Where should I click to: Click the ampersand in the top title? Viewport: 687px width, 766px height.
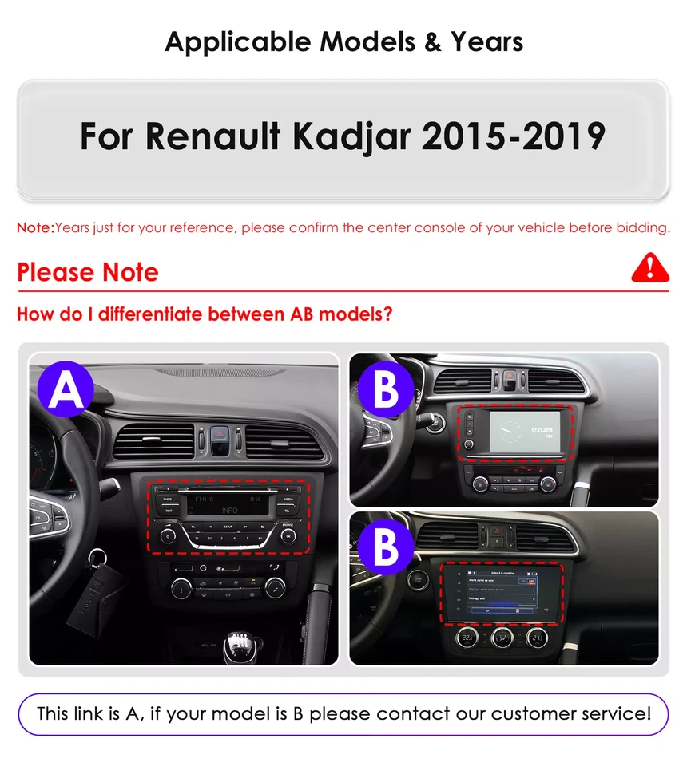(433, 41)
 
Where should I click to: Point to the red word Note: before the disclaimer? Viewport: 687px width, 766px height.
(35, 227)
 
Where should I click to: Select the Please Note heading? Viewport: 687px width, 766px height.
(88, 272)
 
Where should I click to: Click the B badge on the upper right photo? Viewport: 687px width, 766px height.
(386, 390)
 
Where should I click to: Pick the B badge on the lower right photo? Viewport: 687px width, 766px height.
(386, 547)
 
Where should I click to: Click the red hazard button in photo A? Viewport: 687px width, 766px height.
(221, 438)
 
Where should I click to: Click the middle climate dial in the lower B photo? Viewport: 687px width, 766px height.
(502, 638)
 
